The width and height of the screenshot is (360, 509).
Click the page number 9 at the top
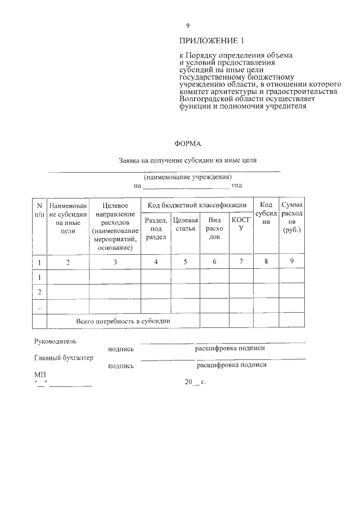coord(188,26)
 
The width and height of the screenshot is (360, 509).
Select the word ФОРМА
coord(188,144)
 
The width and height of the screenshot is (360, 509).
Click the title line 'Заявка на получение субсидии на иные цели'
coord(188,160)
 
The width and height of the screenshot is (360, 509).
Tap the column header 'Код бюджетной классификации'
coord(197,205)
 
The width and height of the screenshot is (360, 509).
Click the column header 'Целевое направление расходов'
coord(115,227)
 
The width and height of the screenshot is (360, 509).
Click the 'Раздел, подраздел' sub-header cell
coord(156,228)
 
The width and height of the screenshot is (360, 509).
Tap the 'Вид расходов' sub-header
coord(214,228)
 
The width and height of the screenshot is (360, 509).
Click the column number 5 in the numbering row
coord(185,262)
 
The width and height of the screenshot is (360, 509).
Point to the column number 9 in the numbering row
coord(292,261)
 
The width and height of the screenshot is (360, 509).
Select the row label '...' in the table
coord(39,307)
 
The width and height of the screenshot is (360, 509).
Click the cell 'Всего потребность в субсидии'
coord(123,321)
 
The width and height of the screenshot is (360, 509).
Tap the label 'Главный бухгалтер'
coord(64,357)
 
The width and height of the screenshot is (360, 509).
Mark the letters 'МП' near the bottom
coord(39,374)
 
